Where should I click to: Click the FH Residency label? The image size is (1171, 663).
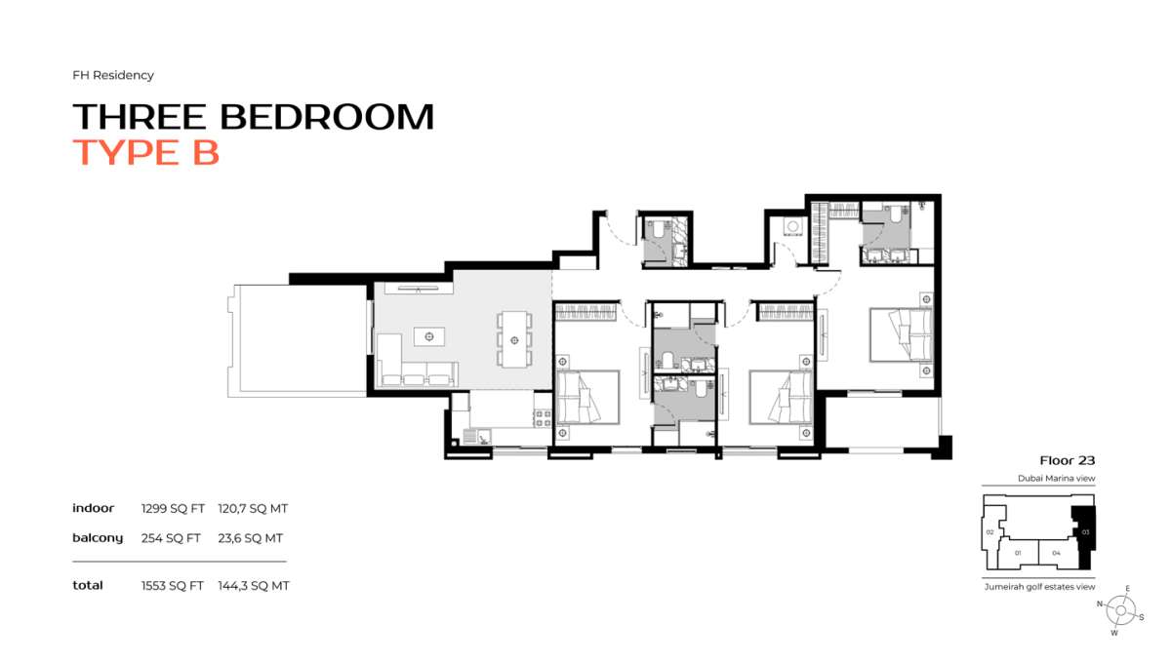113,75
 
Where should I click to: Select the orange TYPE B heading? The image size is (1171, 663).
146,153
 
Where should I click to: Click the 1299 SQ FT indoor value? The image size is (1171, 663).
172,509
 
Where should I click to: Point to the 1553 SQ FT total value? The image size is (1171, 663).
172,586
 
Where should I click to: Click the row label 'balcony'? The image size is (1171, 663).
98,538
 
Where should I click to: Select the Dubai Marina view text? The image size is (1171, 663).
1056,479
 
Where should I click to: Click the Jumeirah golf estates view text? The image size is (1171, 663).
1039,586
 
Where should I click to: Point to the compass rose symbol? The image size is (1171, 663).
1122,611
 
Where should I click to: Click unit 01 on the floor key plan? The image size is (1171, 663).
1018,553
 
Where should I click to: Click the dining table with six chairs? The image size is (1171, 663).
513,338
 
